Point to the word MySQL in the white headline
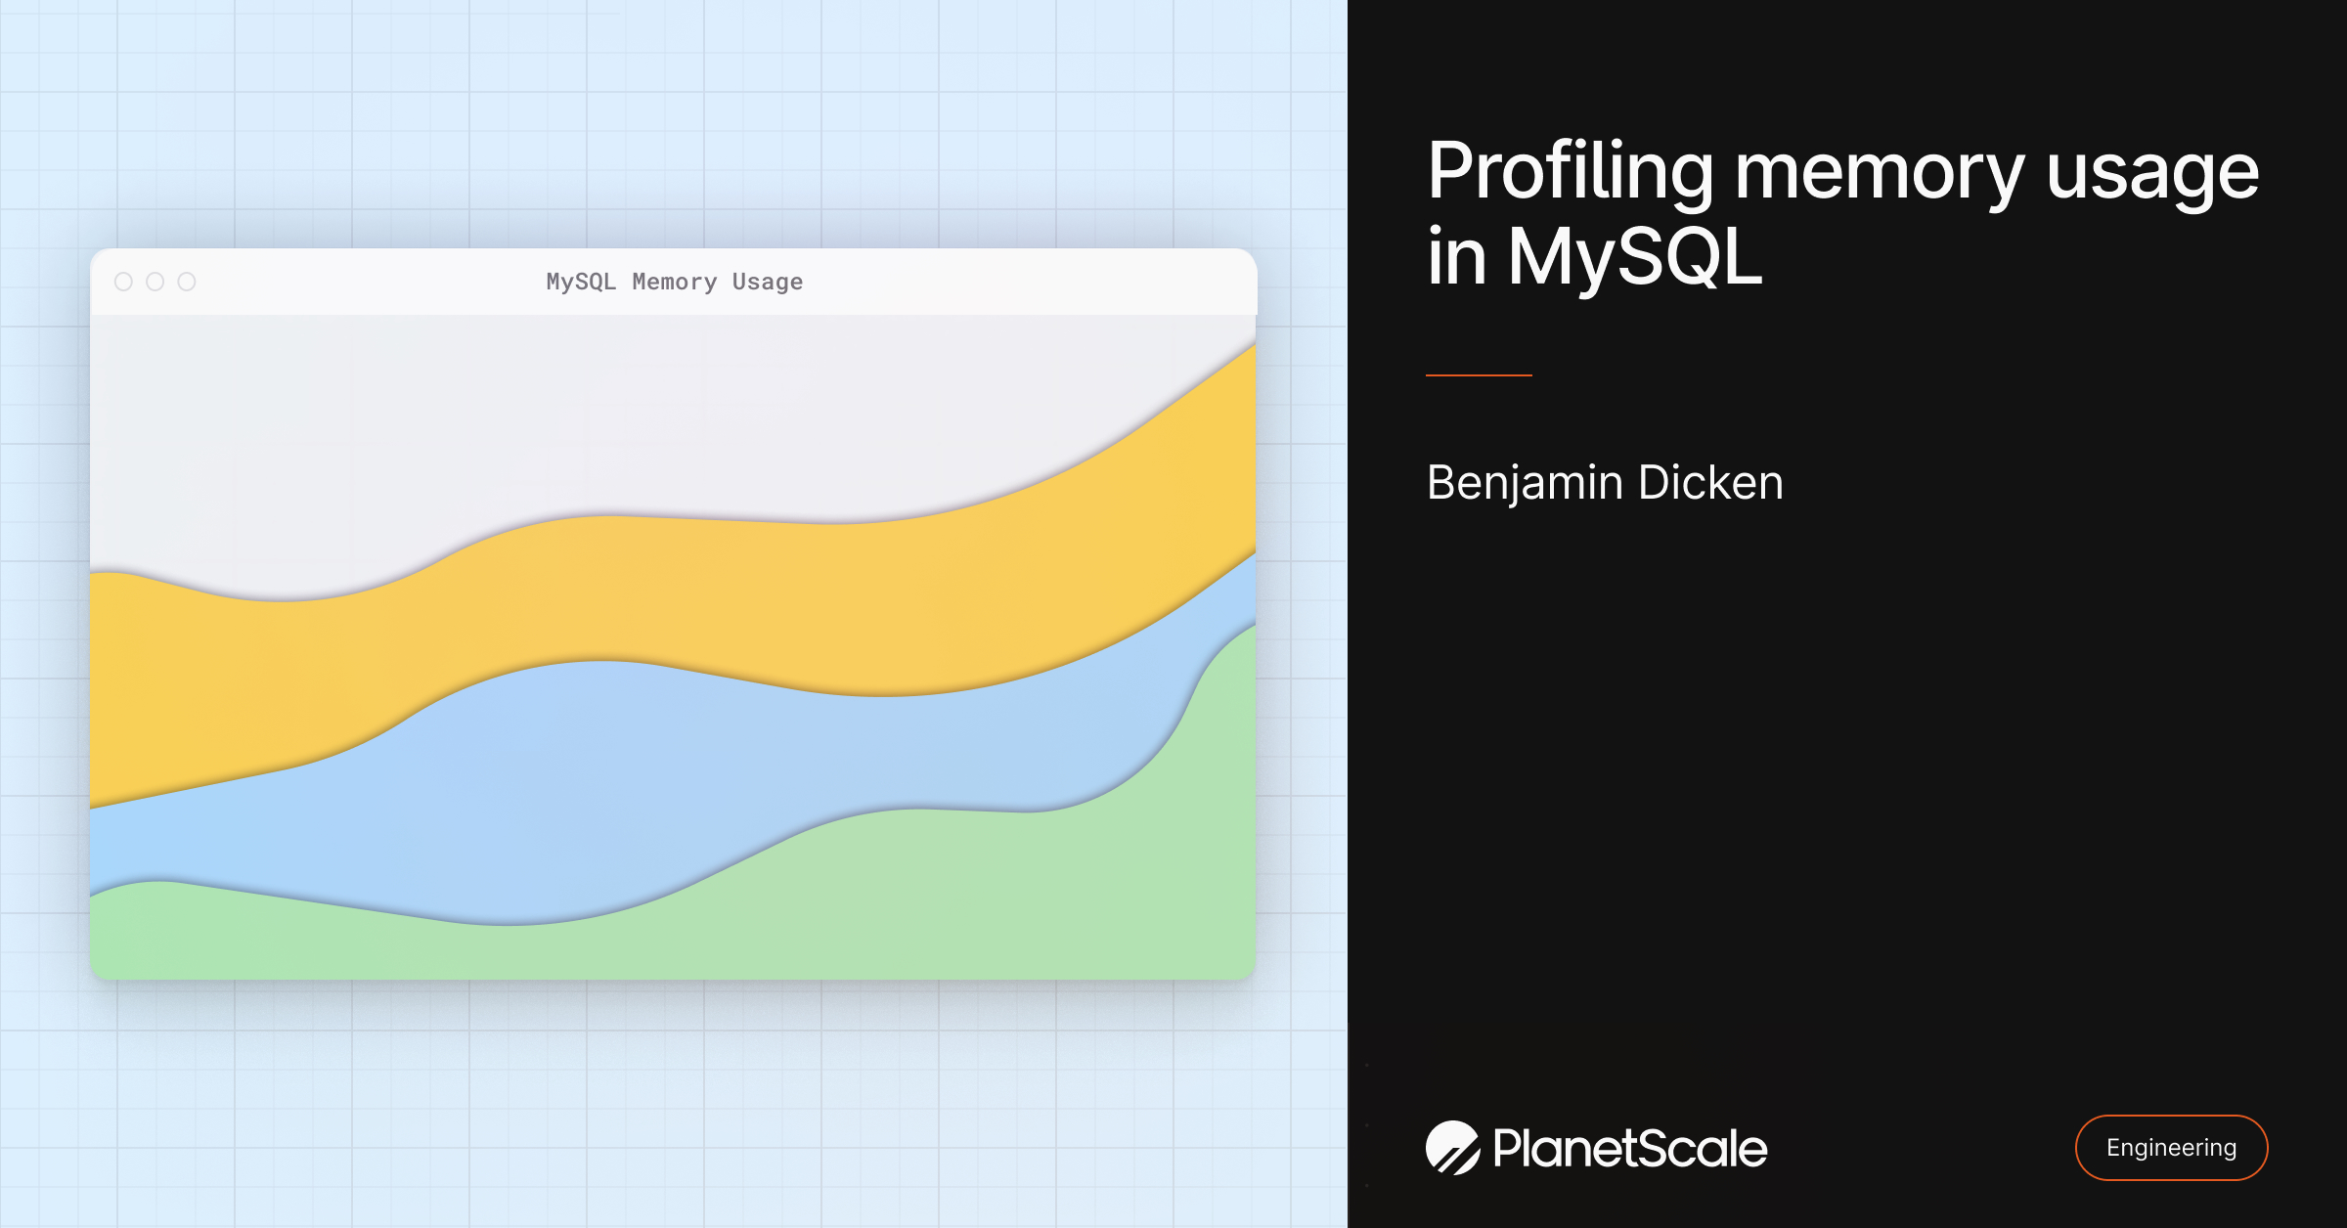[1635, 256]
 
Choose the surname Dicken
[1710, 482]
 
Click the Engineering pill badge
[2171, 1148]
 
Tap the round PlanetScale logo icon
[1453, 1148]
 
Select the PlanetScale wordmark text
[1630, 1148]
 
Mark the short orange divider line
[1479, 374]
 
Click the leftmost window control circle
[123, 282]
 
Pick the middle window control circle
[155, 282]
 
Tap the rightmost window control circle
[186, 282]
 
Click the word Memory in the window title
[675, 283]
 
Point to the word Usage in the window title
[768, 283]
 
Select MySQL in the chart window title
[581, 283]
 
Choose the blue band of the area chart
[587, 782]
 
